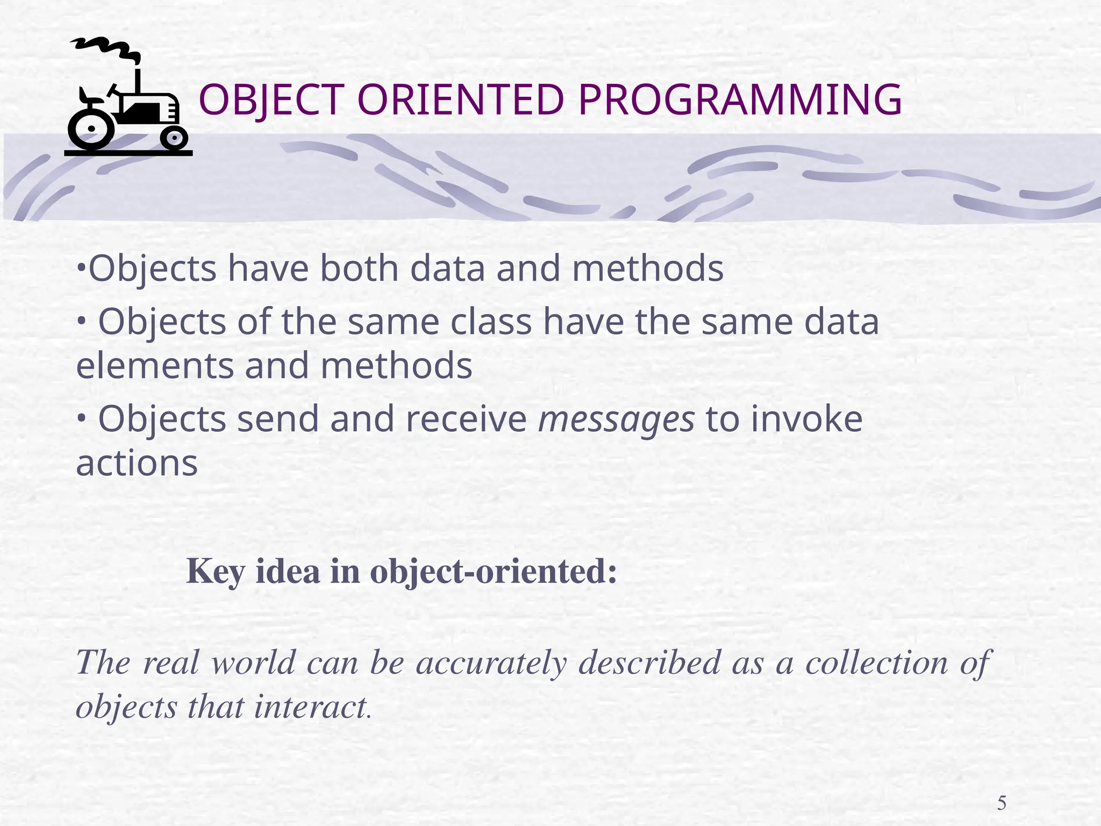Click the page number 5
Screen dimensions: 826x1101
click(x=1002, y=803)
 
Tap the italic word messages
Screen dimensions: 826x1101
click(x=616, y=419)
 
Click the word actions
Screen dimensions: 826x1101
click(x=137, y=464)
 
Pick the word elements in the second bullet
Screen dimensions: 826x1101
click(x=154, y=366)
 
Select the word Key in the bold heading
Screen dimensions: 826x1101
click(x=216, y=572)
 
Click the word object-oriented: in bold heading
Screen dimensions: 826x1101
click(x=493, y=572)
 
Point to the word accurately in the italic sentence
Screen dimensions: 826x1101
click(x=491, y=663)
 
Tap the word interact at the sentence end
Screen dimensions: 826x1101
click(x=310, y=707)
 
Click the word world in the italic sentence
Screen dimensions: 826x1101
click(x=253, y=663)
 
